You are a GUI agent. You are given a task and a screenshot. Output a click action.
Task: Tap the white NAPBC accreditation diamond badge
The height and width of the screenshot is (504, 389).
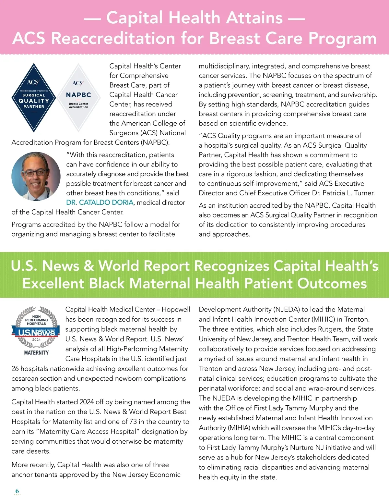pyautogui.click(x=78, y=98)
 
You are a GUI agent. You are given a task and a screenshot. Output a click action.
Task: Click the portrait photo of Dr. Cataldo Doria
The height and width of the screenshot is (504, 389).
pyautogui.click(x=36, y=176)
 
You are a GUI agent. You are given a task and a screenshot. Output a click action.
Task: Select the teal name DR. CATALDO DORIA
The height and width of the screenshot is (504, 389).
pyautogui.click(x=100, y=203)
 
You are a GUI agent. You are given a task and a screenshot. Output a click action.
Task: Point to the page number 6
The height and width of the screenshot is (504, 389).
pyautogui.click(x=17, y=491)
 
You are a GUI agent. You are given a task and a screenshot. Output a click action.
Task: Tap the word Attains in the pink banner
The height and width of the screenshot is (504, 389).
pyautogui.click(x=254, y=18)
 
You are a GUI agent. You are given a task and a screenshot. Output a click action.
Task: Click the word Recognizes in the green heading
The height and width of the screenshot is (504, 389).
pyautogui.click(x=231, y=266)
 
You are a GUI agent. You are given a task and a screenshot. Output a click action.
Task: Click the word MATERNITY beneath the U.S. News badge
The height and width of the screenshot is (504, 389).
pyautogui.click(x=36, y=352)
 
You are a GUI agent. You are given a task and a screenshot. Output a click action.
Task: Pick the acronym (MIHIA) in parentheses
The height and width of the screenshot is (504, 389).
pyautogui.click(x=238, y=428)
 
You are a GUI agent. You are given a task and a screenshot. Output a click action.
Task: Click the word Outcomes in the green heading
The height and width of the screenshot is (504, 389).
pyautogui.click(x=332, y=283)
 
